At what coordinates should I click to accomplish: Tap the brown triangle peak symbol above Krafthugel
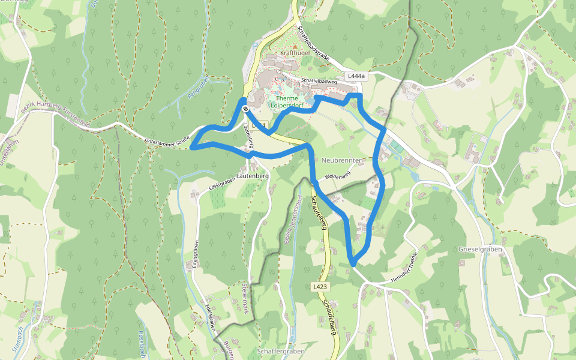coord(295,46)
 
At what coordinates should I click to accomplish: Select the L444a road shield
coord(356,76)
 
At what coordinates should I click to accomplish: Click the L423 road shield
coord(320,287)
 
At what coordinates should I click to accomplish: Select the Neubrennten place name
coord(343,161)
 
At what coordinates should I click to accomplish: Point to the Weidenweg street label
coord(337,176)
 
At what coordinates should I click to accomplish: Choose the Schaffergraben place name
coord(280,350)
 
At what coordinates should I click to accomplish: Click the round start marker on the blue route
coord(245,109)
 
